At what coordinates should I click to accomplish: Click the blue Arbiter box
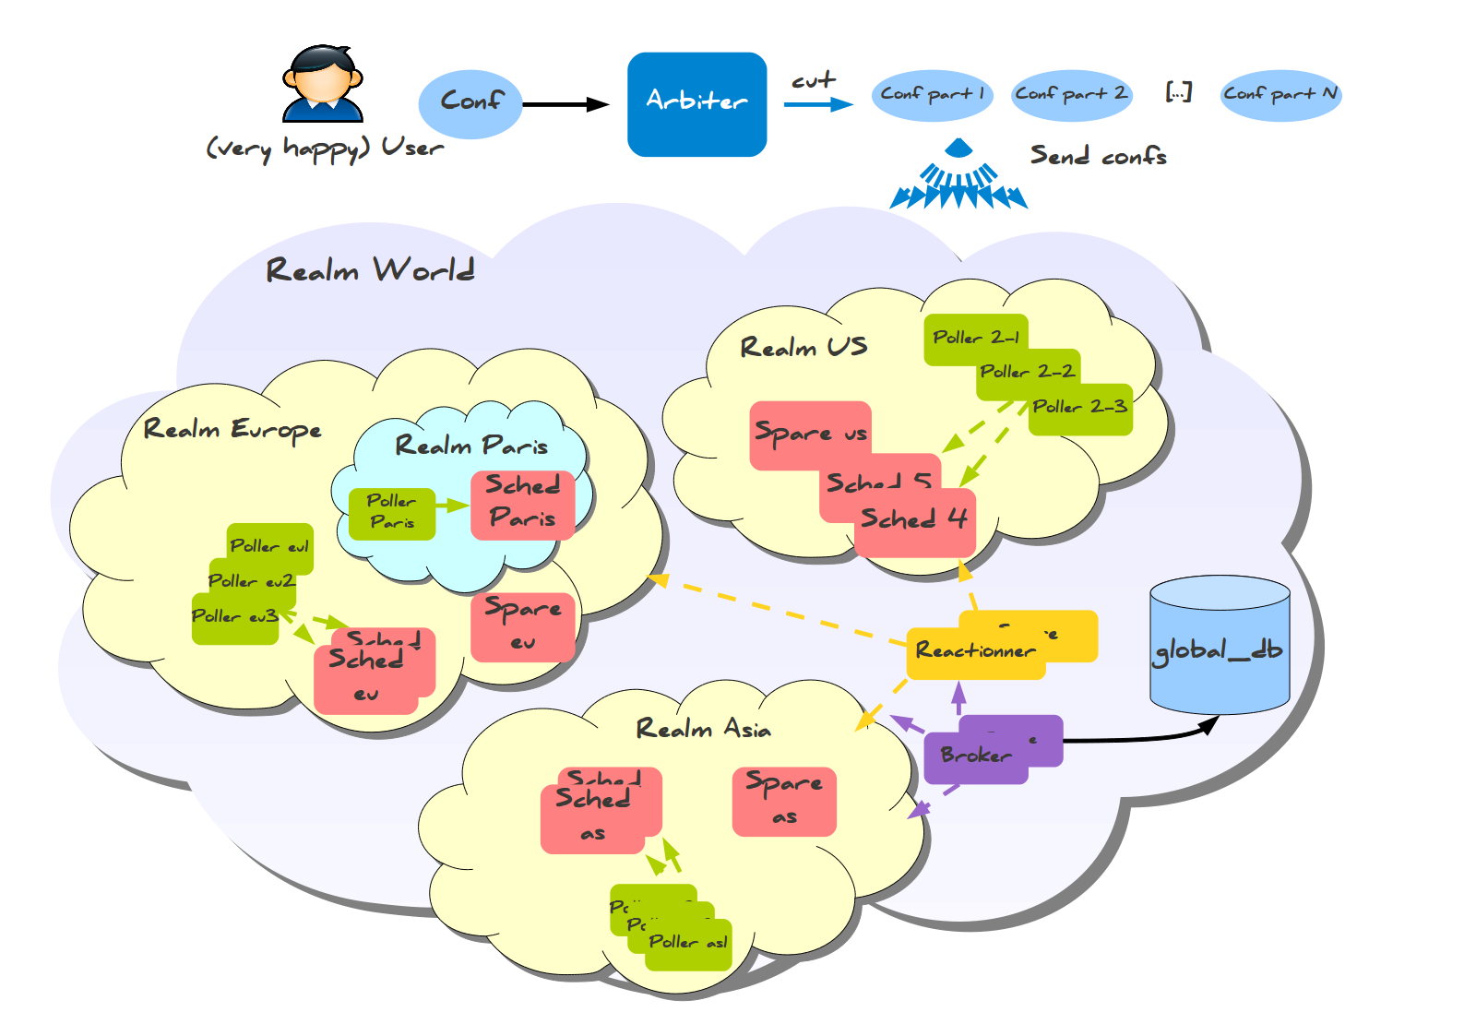click(696, 103)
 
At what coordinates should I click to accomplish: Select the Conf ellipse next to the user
click(470, 103)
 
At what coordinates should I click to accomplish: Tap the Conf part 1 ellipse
click(932, 95)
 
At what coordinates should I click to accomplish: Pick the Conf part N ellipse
click(1280, 95)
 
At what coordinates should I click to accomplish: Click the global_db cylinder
click(1219, 646)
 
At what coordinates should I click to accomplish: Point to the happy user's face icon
click(322, 81)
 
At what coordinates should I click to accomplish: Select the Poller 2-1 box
click(975, 338)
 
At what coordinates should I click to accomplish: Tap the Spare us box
click(809, 434)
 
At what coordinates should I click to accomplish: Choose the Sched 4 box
click(913, 522)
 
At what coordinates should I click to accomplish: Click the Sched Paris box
click(522, 504)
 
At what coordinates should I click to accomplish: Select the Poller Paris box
click(391, 513)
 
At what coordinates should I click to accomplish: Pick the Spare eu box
click(522, 626)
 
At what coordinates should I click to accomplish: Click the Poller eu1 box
click(269, 546)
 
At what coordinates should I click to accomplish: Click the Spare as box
click(784, 801)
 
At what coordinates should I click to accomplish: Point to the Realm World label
click(370, 270)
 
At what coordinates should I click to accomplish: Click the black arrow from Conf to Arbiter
click(565, 104)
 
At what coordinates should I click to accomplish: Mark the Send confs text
click(1098, 156)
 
